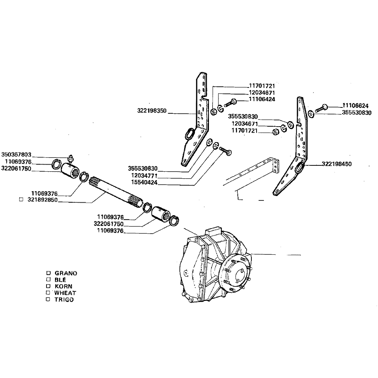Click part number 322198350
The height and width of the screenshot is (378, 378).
pyautogui.click(x=152, y=111)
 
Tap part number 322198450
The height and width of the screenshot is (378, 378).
pyautogui.click(x=337, y=164)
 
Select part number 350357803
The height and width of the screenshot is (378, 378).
pyautogui.click(x=16, y=155)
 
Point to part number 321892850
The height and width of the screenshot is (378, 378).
pyautogui.click(x=42, y=200)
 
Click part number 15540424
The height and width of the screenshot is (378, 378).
pyautogui.click(x=144, y=182)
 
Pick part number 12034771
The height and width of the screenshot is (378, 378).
pyautogui.click(x=144, y=175)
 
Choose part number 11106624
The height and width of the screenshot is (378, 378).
pyautogui.click(x=355, y=106)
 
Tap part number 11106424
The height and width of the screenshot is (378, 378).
pyautogui.click(x=262, y=99)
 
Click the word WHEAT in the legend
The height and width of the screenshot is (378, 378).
pyautogui.click(x=65, y=293)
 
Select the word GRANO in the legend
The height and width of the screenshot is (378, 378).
pyautogui.click(x=66, y=273)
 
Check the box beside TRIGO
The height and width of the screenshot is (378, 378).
pyautogui.click(x=48, y=299)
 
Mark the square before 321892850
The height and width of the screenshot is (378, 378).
pyautogui.click(x=21, y=200)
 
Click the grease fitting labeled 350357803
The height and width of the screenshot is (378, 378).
pyautogui.click(x=71, y=158)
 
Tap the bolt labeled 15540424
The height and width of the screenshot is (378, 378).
pyautogui.click(x=226, y=151)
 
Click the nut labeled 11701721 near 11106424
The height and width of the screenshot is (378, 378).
pyautogui.click(x=213, y=112)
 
